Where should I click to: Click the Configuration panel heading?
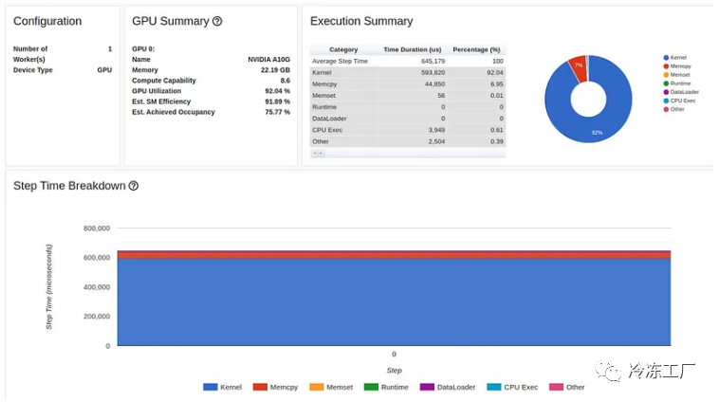pos(47,21)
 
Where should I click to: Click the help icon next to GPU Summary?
pos(217,21)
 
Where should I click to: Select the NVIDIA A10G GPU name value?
pos(269,59)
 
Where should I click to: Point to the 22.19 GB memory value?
pos(275,70)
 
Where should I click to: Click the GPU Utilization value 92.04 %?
pos(277,91)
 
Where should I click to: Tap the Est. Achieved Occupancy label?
pos(174,112)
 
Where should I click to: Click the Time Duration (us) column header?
pos(413,49)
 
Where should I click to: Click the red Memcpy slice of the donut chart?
pos(578,66)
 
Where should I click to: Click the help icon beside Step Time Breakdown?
pos(134,186)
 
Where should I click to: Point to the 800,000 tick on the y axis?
pos(97,228)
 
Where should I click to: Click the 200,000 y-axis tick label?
pos(97,317)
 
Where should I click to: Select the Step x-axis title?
pos(394,371)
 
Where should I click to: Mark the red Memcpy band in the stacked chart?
pos(394,255)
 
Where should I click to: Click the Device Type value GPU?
pos(104,70)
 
